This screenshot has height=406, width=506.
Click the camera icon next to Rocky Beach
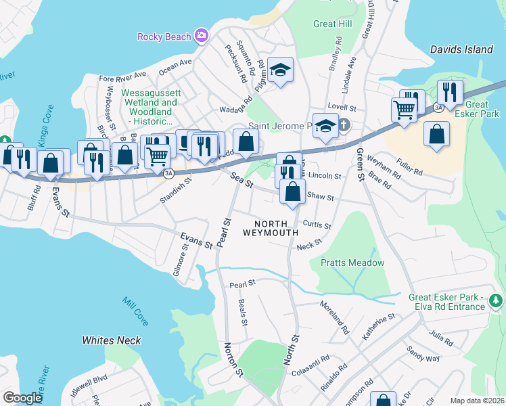201,35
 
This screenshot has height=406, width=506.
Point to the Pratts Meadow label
352,263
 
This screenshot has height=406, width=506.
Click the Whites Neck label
112,340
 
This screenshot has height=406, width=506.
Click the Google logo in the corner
22,398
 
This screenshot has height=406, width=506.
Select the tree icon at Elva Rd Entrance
497,300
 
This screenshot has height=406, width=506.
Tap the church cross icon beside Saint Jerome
344,125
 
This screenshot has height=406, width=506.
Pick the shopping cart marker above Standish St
157,156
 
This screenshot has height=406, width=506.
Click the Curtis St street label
317,225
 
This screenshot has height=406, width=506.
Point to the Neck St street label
309,245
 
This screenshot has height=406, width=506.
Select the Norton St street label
233,360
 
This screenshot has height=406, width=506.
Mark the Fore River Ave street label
122,76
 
